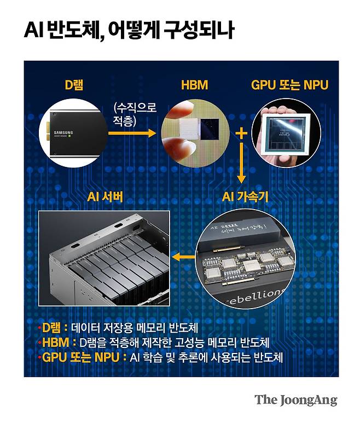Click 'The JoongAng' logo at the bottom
point(295,399)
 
